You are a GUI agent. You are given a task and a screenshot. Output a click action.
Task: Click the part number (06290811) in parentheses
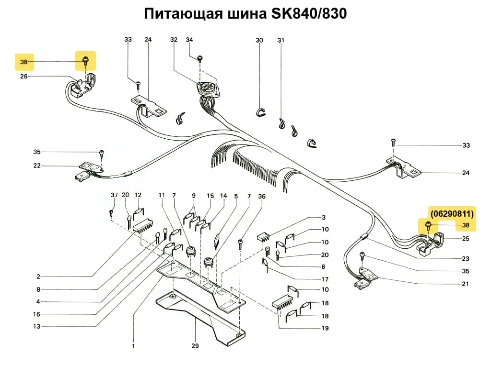[452, 213]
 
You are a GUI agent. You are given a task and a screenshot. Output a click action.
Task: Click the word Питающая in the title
[183, 14]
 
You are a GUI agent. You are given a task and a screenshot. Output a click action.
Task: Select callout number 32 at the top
[173, 40]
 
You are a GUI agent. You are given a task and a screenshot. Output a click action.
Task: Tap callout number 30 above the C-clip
[259, 41]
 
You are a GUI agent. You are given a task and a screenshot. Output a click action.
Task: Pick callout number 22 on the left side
[37, 166]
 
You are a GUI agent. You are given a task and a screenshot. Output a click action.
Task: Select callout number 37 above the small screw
[114, 195]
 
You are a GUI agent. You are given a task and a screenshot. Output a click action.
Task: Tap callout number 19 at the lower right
[325, 328]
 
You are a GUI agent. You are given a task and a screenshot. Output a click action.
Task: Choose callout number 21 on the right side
[465, 284]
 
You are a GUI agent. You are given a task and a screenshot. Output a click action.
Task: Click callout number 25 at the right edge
[465, 238]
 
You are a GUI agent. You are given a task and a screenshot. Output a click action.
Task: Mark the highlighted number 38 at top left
[24, 62]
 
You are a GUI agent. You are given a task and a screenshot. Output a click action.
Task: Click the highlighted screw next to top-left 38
[86, 60]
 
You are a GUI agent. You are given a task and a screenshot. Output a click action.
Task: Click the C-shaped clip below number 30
[259, 112]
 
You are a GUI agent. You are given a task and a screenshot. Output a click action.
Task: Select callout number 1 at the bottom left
[133, 346]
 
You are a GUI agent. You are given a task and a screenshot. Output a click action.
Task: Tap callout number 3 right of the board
[324, 217]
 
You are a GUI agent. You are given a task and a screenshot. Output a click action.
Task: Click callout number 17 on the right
[325, 279]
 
